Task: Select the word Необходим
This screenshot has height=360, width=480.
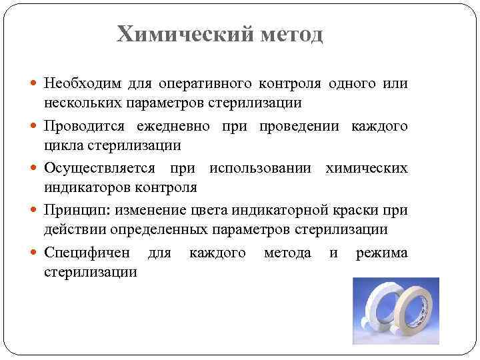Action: [x=84, y=85]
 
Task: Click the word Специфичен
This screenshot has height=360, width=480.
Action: [x=86, y=253]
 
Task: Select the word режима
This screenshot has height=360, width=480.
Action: [x=382, y=253]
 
